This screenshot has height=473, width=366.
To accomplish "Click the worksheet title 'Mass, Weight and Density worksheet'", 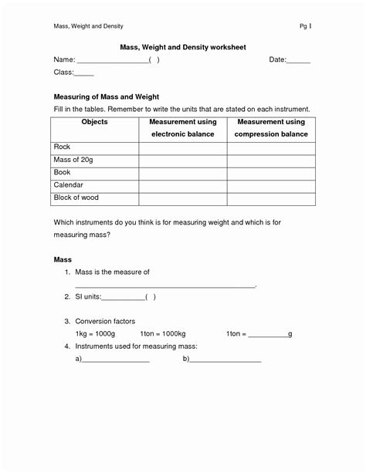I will (x=182, y=47).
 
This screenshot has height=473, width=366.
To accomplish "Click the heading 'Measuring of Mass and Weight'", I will (x=106, y=97).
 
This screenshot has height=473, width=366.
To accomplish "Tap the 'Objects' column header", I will (x=94, y=122).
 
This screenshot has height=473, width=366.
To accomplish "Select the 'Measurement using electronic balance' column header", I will (x=183, y=128).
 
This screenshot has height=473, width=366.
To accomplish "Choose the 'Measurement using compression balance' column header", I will (x=272, y=128).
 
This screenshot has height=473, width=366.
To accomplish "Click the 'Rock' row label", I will (x=62, y=147).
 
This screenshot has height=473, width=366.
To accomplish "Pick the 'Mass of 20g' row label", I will (x=72, y=160).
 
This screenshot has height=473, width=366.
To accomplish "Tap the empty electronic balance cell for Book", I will (x=183, y=173).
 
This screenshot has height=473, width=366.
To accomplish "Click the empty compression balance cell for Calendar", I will (x=272, y=186).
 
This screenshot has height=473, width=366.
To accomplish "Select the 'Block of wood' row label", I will (x=76, y=198).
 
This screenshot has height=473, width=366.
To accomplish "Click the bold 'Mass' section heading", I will (x=63, y=260).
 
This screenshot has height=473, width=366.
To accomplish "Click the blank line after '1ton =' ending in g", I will (x=268, y=336).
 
